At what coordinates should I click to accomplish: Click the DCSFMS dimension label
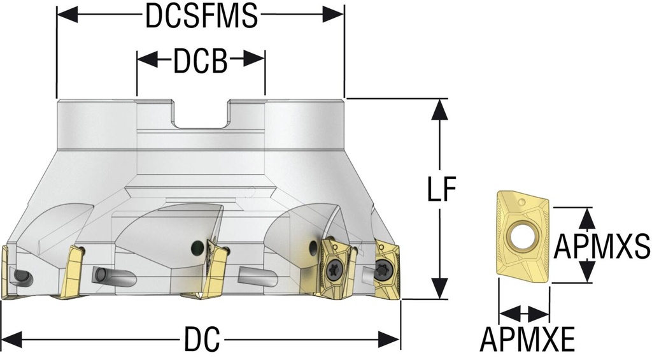(x=201, y=16)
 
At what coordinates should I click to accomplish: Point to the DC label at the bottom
(x=201, y=339)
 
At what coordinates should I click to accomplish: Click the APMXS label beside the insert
(x=601, y=246)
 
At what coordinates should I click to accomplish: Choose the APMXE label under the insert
(x=527, y=338)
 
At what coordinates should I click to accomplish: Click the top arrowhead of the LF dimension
(x=438, y=110)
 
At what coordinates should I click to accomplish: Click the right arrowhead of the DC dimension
(x=390, y=339)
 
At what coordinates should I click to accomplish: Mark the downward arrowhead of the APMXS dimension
(x=588, y=273)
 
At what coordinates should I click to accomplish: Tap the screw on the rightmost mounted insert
(x=384, y=268)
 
